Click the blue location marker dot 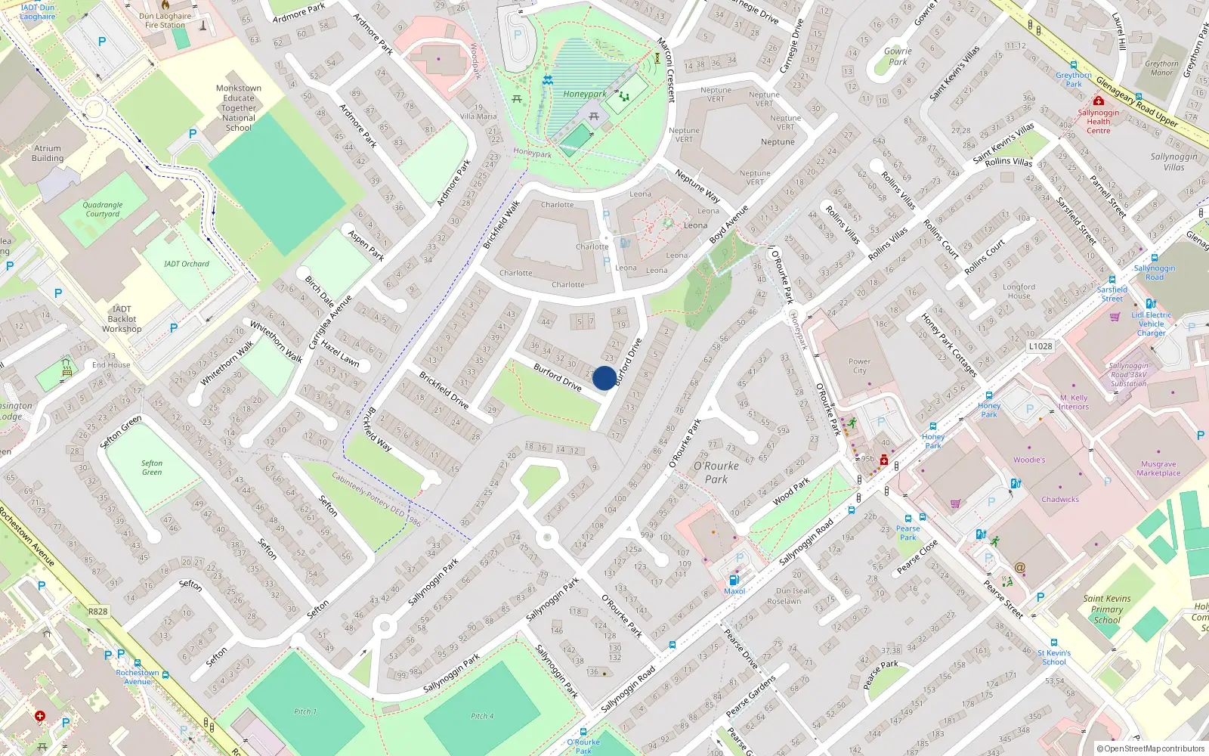[604, 378]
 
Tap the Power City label [859, 366]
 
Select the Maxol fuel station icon [733, 580]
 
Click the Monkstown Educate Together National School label [239, 108]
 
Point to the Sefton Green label [152, 467]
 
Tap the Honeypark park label [585, 94]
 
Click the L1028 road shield [1040, 346]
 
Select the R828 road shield [98, 611]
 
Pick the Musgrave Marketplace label [1158, 469]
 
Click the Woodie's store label [1029, 460]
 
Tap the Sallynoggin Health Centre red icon [1099, 101]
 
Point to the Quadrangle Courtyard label [103, 209]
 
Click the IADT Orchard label [187, 264]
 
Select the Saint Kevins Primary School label [1107, 609]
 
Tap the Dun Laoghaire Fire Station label [165, 20]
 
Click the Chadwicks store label [1060, 500]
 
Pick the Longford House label [1019, 291]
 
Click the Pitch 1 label [305, 711]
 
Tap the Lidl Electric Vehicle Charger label [1152, 324]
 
